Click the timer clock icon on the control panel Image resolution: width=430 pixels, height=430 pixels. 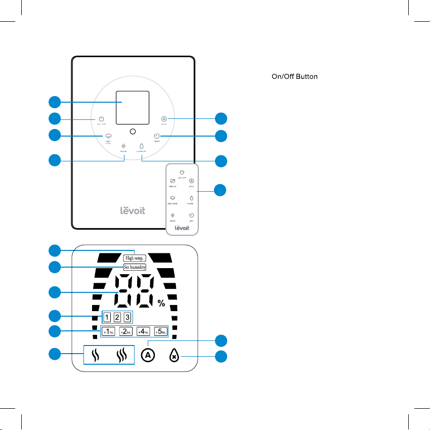pos(157,136)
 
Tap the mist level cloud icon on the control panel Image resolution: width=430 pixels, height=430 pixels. pos(108,137)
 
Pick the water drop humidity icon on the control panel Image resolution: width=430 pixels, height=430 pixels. pos(142,146)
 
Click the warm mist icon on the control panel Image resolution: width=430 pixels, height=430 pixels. pos(123,145)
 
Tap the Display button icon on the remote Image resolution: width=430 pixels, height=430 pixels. pos(173,181)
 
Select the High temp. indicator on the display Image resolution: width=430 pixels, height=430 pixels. pos(135,257)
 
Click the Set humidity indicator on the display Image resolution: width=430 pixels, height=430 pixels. pos(135,267)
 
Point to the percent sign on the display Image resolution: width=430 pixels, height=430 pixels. pos(161,304)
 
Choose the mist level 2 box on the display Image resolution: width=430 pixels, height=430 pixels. pos(117,317)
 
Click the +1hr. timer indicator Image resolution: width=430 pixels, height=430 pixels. pos(108,332)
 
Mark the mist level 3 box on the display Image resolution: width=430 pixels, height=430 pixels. pos(127,317)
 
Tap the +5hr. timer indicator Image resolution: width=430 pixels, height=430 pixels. pos(161,332)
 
